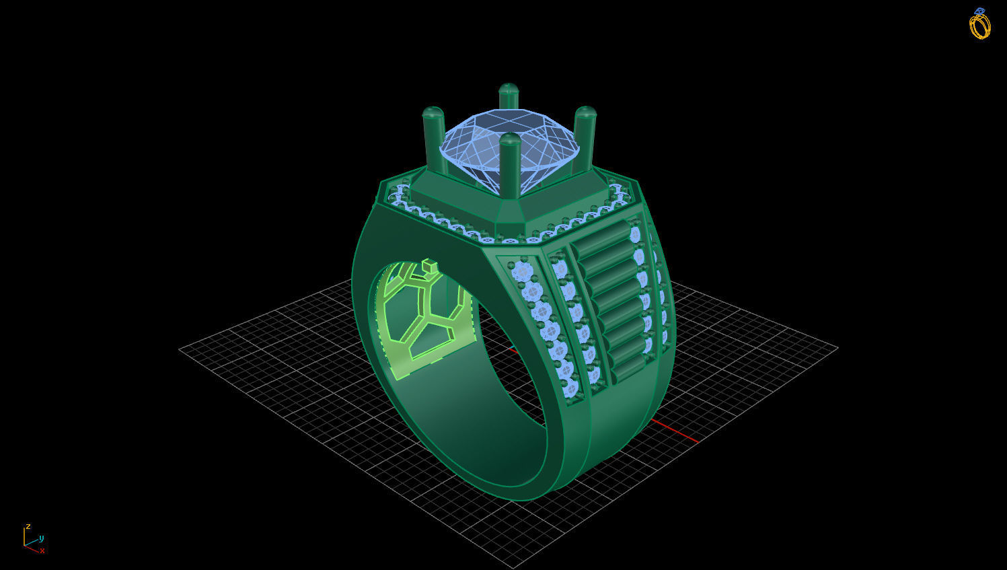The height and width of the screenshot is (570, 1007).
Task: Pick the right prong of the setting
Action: tap(585, 135)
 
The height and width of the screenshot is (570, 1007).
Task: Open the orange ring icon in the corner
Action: tap(979, 24)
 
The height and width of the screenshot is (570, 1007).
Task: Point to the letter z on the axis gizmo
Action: tap(28, 526)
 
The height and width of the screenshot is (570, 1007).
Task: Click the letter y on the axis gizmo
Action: tap(41, 538)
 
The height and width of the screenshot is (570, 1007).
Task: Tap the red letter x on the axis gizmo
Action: tap(42, 550)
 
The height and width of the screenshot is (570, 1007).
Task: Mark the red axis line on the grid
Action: tap(673, 431)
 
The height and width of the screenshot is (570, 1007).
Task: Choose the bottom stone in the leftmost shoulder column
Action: tap(571, 388)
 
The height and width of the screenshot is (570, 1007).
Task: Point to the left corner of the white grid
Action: tap(180, 349)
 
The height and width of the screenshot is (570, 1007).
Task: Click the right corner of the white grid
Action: tap(837, 348)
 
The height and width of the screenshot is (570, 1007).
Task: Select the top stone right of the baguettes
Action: tap(634, 234)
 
